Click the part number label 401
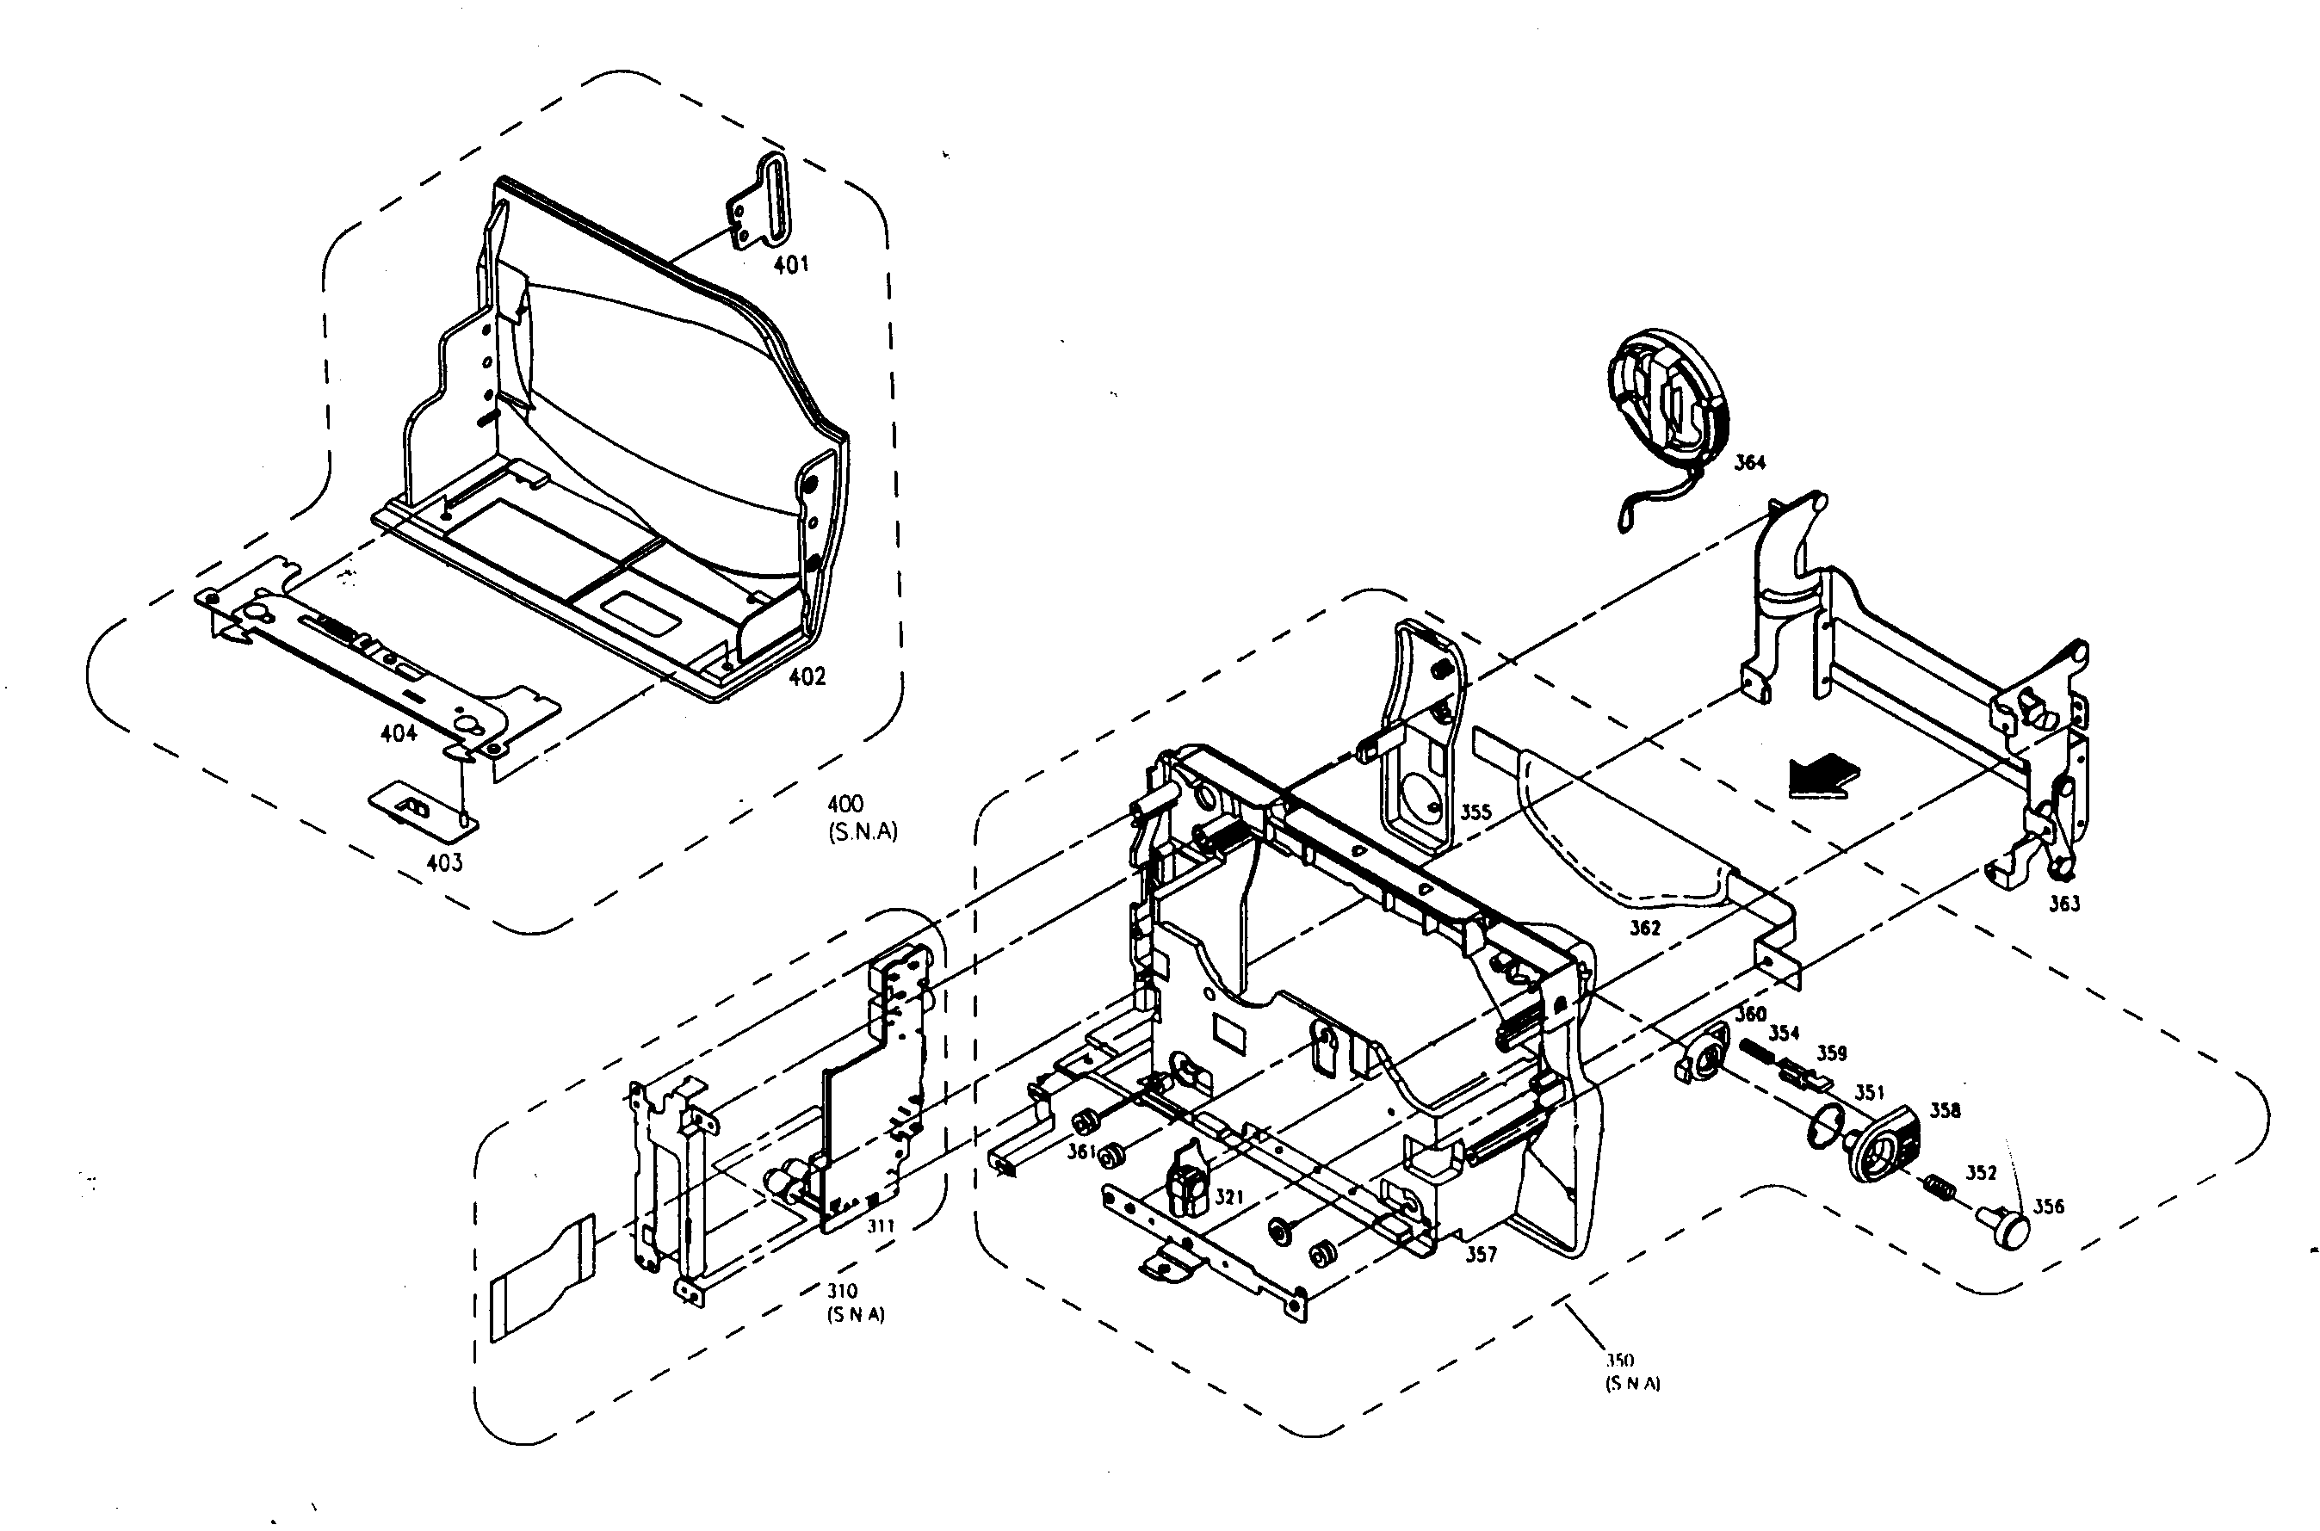[791, 264]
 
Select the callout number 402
[807, 676]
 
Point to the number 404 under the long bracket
[399, 733]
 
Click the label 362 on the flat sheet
[1644, 928]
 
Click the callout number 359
[1832, 1053]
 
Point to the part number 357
[1481, 1255]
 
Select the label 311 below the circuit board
[881, 1226]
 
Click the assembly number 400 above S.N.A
[845, 804]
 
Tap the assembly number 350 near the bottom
[1620, 1360]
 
